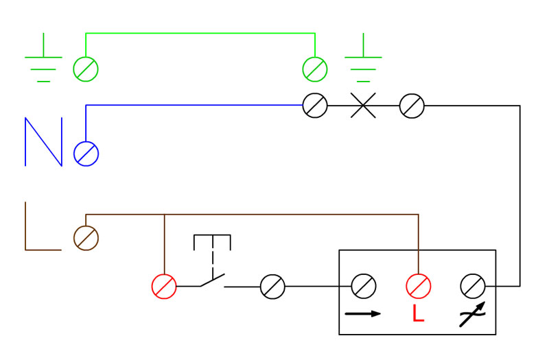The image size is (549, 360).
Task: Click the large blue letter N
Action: click(44, 142)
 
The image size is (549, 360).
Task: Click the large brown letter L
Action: click(26, 241)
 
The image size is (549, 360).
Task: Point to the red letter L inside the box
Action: click(419, 313)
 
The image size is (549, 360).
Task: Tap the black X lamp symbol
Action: click(363, 106)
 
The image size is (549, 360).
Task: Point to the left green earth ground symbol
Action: click(43, 57)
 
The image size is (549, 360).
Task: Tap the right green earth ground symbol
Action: click(363, 57)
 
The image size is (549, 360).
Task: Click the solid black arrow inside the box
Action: click(363, 313)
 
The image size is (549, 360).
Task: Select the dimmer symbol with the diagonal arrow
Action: click(472, 315)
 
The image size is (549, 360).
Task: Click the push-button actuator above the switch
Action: click(212, 235)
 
